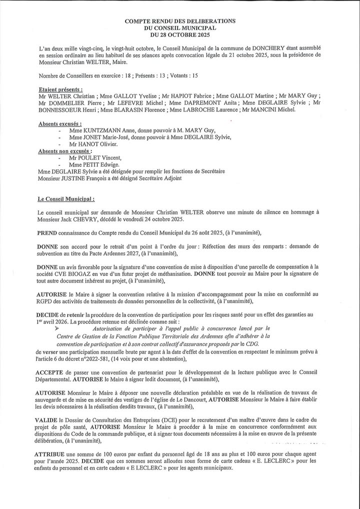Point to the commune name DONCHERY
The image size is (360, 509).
(x=230, y=48)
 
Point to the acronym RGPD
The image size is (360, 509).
(x=48, y=301)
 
